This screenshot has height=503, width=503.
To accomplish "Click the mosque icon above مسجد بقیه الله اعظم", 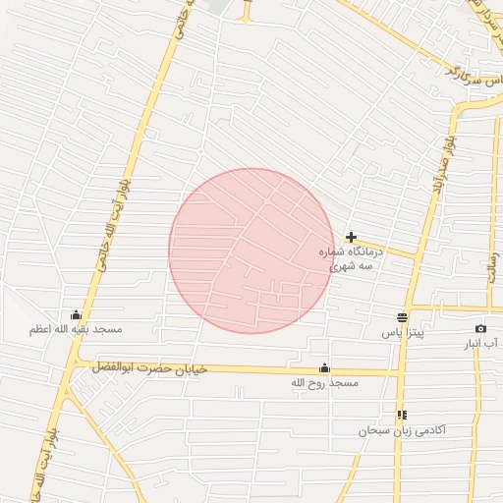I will [76, 314].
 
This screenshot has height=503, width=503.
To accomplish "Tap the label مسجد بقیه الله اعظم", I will [75, 330].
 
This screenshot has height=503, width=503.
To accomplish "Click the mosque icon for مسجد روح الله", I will [324, 368].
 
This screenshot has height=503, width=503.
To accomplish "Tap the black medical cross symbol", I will [352, 237].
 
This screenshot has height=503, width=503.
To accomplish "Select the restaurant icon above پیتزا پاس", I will [402, 317].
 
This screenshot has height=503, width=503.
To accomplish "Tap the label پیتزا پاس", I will [401, 333].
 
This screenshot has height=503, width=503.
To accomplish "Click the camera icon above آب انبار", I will [480, 328].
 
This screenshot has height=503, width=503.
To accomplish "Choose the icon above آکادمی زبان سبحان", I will [402, 415].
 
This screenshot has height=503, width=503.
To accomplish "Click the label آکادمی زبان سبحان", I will [402, 430].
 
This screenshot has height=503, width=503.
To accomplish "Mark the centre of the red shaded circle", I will [251, 251].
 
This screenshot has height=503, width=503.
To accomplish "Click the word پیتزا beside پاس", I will [410, 333].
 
